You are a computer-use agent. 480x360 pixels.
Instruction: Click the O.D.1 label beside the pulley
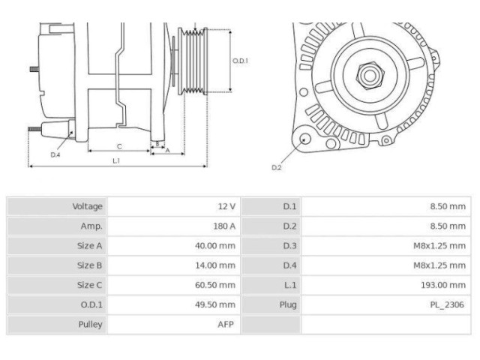pos(240,61)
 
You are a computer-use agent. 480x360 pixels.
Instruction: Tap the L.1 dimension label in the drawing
pos(117,160)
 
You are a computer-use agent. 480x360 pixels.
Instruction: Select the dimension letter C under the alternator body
pos(119,146)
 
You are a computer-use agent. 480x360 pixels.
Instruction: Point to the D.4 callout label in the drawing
pos(55,154)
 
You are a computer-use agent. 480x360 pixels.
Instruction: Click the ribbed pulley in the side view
pos(197,61)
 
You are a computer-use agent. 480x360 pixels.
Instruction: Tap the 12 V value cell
pos(226,206)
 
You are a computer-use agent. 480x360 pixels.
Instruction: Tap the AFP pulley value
pos(226,325)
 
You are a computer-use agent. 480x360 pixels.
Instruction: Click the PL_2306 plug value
pos(447,304)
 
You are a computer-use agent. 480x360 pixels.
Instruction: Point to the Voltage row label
pos(88,206)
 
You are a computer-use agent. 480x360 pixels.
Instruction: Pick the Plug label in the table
pos(289,304)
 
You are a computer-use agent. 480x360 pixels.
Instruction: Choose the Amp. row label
pos(91,226)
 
